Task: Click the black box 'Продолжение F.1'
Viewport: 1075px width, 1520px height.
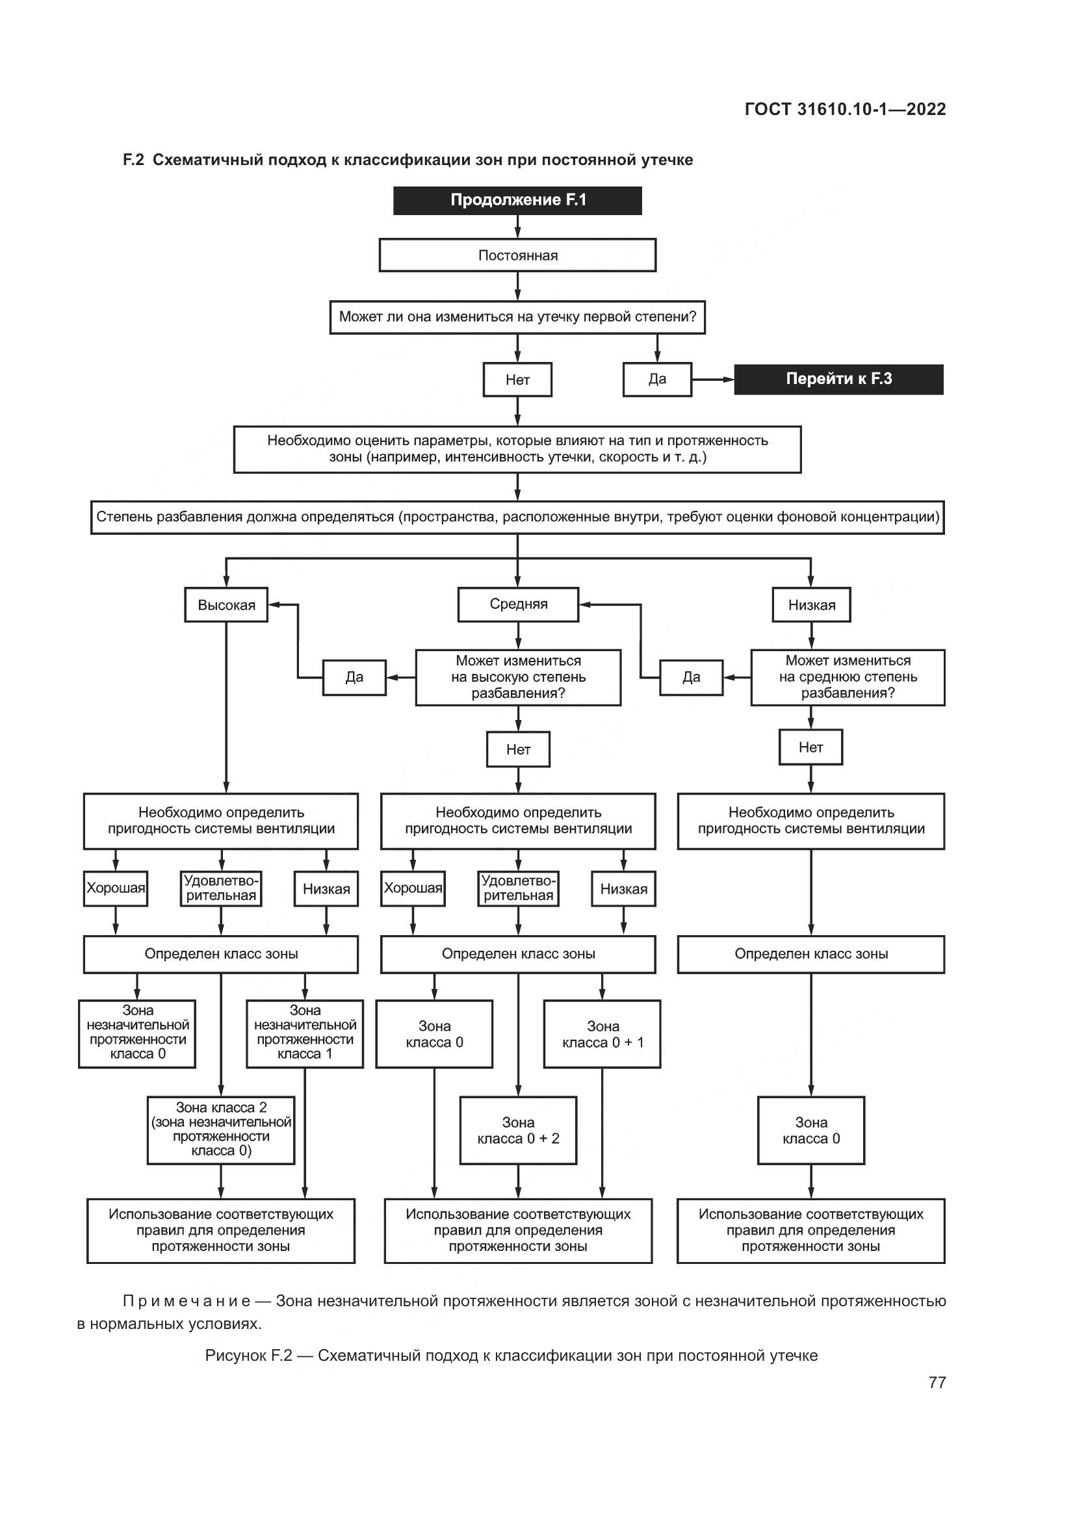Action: click(x=517, y=201)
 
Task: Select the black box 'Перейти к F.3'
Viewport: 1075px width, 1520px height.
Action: click(x=838, y=380)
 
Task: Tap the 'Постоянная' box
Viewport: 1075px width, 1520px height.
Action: click(x=517, y=255)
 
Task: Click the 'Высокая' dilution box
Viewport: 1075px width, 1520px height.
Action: click(x=226, y=605)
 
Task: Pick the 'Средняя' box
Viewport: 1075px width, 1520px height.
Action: click(x=518, y=604)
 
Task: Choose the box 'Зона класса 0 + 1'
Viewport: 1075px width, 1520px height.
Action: click(x=602, y=1034)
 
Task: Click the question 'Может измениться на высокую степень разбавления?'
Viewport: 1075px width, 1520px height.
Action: click(x=518, y=677)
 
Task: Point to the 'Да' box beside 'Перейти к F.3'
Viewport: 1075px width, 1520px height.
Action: click(x=657, y=380)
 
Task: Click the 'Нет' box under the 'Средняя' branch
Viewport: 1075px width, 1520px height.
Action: click(x=518, y=749)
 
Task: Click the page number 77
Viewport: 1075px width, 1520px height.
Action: click(x=937, y=1382)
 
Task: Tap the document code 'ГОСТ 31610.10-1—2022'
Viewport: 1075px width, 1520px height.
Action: click(x=846, y=109)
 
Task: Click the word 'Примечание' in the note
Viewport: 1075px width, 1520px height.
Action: click(x=187, y=1301)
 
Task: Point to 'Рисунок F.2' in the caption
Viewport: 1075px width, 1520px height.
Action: click(x=248, y=1355)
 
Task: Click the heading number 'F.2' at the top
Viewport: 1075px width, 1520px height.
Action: click(x=133, y=161)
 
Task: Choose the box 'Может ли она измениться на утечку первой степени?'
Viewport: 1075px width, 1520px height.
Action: click(x=517, y=317)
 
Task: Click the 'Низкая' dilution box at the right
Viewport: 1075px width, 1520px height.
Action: click(x=812, y=605)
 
